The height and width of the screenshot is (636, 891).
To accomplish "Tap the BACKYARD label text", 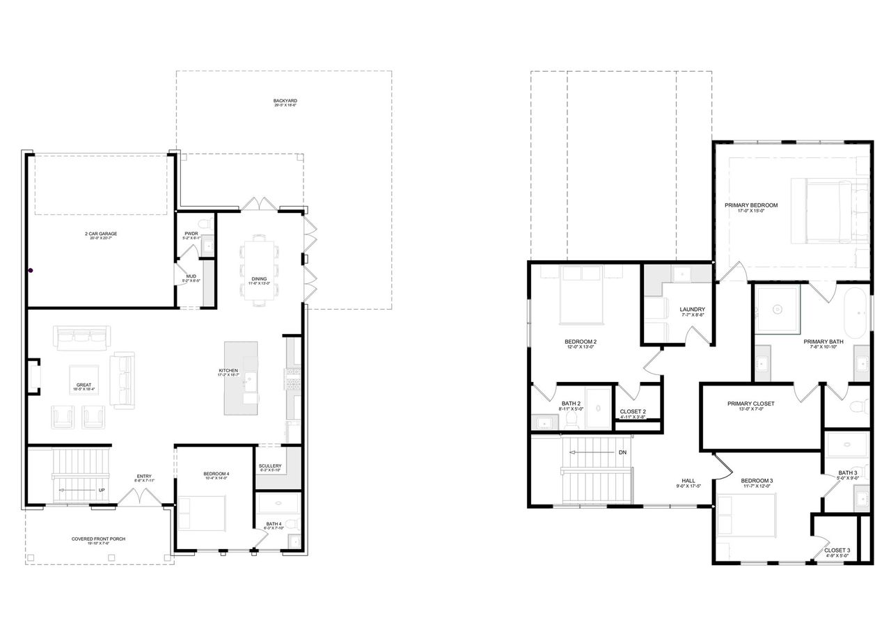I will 285,101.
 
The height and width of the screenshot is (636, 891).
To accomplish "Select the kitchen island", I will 241,378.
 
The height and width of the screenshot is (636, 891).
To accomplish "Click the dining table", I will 258,270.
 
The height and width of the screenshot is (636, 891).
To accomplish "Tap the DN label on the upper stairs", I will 622,452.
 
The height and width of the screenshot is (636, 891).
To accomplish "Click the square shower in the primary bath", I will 777,308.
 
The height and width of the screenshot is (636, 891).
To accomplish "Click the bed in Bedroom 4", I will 202,514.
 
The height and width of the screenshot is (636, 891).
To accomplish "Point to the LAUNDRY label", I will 693,310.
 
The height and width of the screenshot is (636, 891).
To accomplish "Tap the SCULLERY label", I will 269,466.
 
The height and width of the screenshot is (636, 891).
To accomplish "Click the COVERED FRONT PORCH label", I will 98,539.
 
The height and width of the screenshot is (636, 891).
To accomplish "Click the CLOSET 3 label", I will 837,550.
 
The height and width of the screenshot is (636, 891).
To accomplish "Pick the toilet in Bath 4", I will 290,523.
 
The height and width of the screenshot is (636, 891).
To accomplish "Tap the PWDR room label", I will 191,234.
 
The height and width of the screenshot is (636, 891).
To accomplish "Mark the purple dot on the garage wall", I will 31,270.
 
